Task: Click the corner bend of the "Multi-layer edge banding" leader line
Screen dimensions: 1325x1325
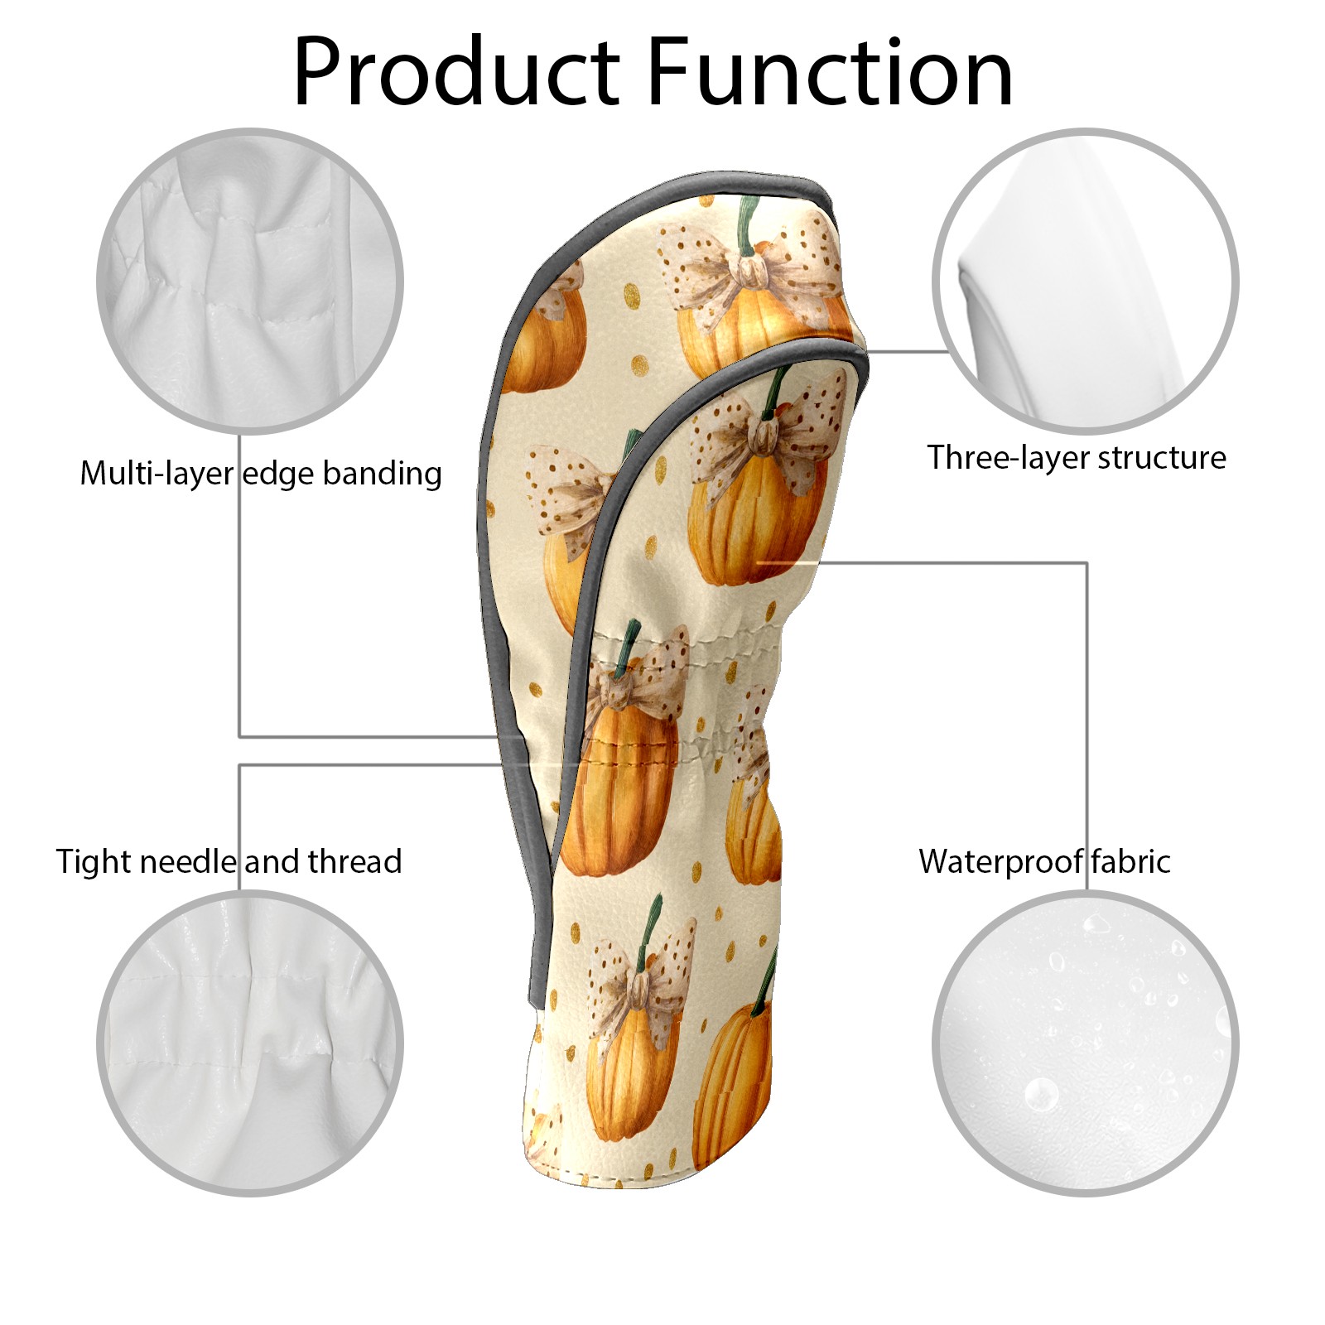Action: (x=240, y=736)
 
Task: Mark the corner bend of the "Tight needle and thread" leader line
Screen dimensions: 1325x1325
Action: (x=240, y=765)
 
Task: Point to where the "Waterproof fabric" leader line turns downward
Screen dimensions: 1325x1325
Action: (x=1086, y=563)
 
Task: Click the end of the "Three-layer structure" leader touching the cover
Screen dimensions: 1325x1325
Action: (x=866, y=351)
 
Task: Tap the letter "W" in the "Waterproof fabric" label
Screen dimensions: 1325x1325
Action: (x=938, y=861)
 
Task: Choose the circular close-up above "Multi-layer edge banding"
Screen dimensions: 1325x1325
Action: (x=250, y=281)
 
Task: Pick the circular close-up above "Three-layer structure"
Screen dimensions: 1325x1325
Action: (x=1085, y=281)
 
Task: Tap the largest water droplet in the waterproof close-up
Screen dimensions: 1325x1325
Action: (x=1041, y=1095)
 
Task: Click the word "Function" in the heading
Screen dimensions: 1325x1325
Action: (x=829, y=72)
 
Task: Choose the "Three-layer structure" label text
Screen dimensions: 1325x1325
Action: (x=1077, y=458)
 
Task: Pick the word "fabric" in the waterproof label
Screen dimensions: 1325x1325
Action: (x=1130, y=861)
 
